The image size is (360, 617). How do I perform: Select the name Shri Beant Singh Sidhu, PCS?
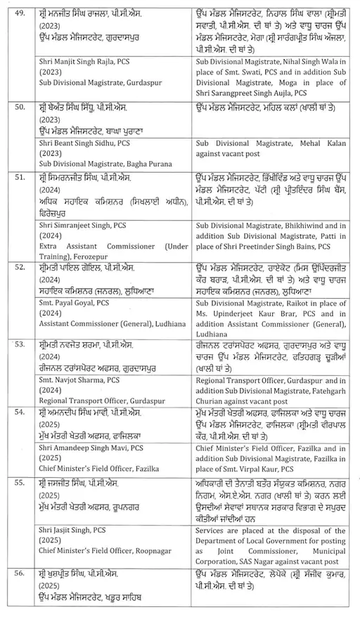coord(85,143)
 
